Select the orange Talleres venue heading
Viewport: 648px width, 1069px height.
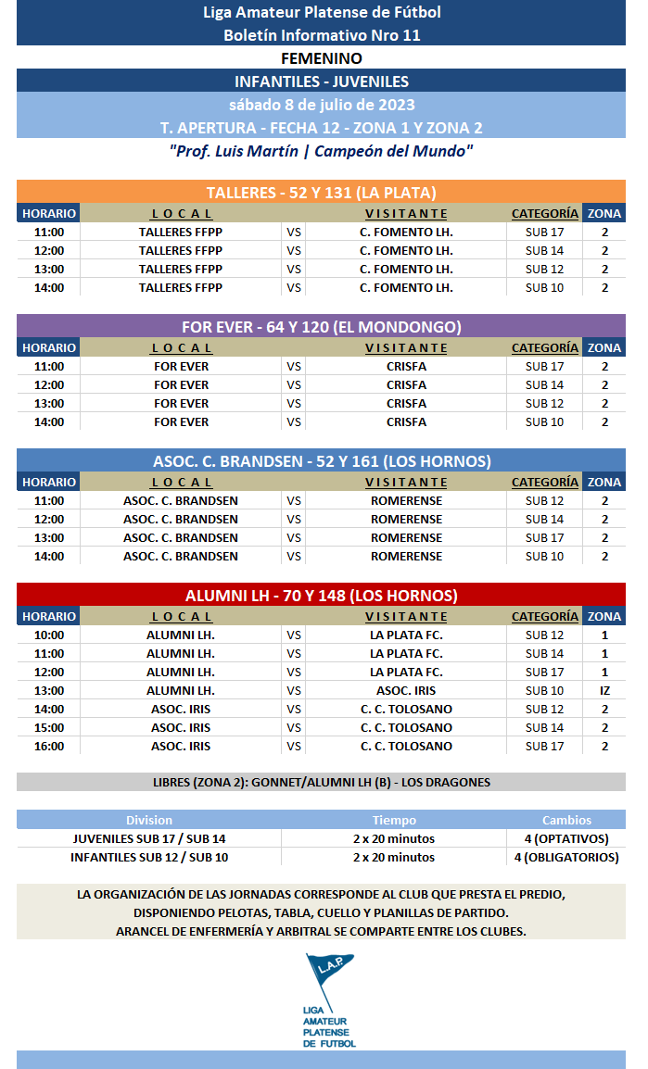point(321,193)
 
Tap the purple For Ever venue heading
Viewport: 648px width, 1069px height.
point(321,327)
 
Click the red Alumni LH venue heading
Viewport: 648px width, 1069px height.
point(321,596)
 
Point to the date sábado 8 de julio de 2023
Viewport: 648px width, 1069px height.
point(321,104)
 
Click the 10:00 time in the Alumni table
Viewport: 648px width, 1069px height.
point(49,635)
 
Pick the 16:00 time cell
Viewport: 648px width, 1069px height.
point(49,746)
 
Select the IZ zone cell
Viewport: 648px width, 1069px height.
point(604,690)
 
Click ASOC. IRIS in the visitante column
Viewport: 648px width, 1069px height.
point(406,690)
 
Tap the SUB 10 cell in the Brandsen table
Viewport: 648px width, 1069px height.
point(544,556)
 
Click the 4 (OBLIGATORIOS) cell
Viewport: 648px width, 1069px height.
point(566,857)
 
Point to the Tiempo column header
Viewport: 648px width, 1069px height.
point(394,820)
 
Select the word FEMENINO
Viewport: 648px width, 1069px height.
point(321,58)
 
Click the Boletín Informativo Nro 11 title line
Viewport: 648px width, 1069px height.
point(321,35)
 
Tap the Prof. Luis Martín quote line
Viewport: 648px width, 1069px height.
point(321,150)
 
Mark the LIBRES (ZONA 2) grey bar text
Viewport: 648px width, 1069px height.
point(321,782)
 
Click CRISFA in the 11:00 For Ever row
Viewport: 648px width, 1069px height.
point(406,366)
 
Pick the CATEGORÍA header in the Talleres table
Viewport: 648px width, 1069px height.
point(544,213)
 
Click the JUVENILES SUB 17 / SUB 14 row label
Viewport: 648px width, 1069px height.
point(149,838)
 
